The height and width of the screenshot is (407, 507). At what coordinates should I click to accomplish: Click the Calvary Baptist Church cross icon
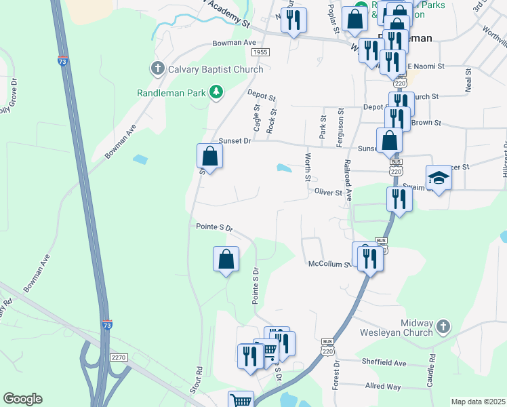(x=157, y=68)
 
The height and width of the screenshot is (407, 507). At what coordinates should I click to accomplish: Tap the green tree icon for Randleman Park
(x=216, y=92)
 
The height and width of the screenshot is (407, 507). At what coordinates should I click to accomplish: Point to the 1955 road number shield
(x=260, y=52)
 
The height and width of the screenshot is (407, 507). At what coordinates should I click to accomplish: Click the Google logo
(x=22, y=399)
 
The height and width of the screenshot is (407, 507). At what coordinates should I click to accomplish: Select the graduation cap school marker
(x=439, y=178)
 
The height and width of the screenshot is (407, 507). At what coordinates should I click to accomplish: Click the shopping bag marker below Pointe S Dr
(x=226, y=259)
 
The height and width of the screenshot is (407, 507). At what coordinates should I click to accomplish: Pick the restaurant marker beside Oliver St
(x=399, y=199)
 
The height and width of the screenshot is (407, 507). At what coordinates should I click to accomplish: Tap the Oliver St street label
(x=329, y=193)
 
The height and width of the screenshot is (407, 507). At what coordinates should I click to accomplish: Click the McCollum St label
(x=328, y=264)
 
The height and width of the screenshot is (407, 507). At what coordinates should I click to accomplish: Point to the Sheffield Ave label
(x=384, y=363)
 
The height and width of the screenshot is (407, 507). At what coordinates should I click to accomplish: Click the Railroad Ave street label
(x=348, y=180)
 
